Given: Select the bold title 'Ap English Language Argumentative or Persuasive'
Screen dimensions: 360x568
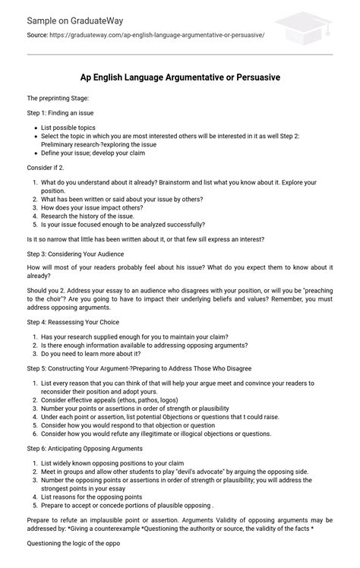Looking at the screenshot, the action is coord(179,77).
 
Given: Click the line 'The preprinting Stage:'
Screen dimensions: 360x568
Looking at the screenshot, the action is coord(58,99).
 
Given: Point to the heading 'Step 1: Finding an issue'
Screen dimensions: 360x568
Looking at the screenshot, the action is coord(62,112).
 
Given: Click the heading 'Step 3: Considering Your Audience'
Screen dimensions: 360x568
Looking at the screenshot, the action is coord(75,253).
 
